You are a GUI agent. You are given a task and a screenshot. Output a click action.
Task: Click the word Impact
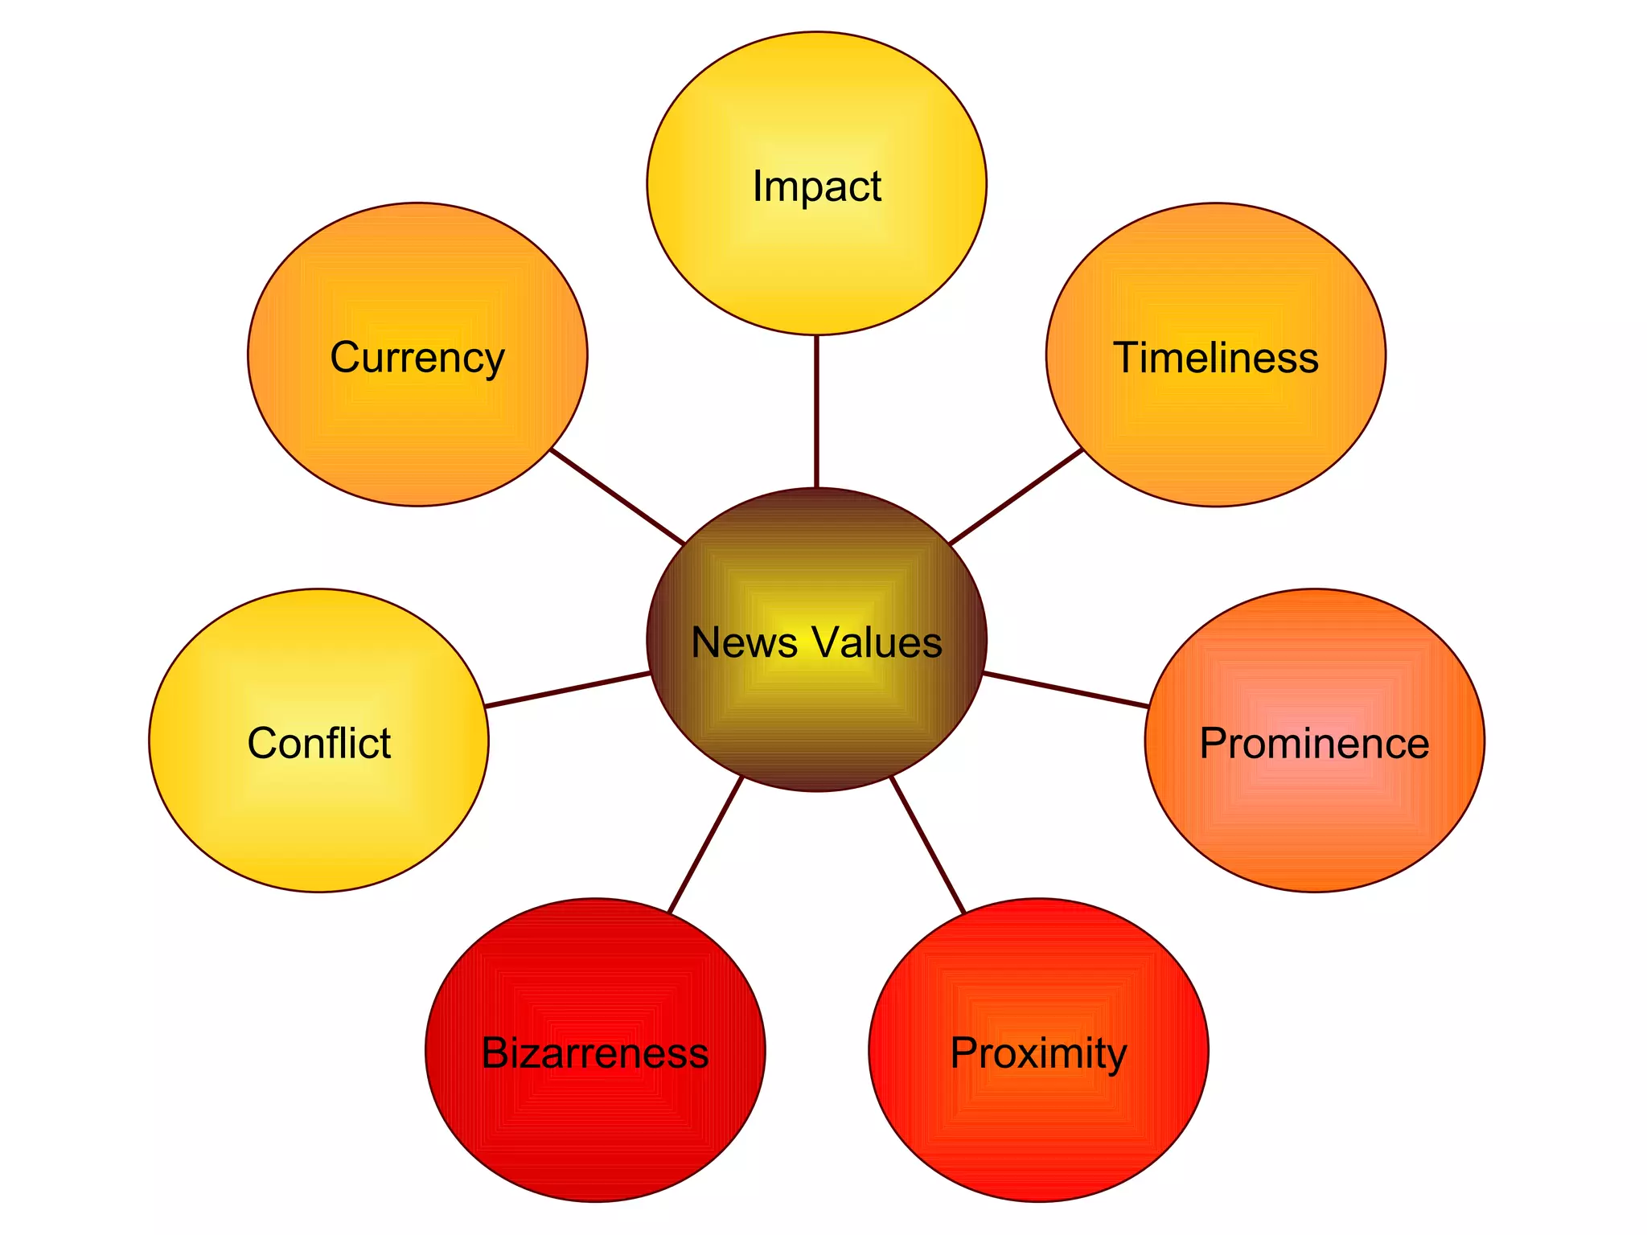[x=816, y=187]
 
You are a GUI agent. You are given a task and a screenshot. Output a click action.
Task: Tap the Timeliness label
[x=1215, y=358]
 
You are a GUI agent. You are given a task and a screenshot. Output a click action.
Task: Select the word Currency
[x=417, y=358]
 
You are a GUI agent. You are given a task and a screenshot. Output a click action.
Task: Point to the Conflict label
[x=318, y=743]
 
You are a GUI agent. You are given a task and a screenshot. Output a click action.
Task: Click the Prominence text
[x=1314, y=743]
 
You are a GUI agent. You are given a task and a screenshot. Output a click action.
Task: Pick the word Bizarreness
[x=595, y=1052]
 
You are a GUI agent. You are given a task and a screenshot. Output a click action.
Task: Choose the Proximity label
[x=1038, y=1052]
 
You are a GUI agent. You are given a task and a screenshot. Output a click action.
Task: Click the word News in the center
[x=744, y=642]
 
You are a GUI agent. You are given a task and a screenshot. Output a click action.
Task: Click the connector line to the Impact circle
[x=816, y=411]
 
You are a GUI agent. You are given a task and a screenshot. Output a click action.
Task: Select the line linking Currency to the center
[x=617, y=496]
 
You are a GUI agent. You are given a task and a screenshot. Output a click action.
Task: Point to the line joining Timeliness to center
[x=1016, y=497]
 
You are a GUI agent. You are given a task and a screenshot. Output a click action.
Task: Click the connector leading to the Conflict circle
[x=568, y=689]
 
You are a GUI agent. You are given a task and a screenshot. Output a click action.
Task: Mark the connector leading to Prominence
[x=1066, y=690]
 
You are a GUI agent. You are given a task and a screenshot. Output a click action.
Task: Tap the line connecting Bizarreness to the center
[x=705, y=844]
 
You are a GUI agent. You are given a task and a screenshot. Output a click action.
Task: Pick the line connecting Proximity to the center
[x=927, y=844]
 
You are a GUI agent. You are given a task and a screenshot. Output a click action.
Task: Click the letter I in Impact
[x=757, y=186]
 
